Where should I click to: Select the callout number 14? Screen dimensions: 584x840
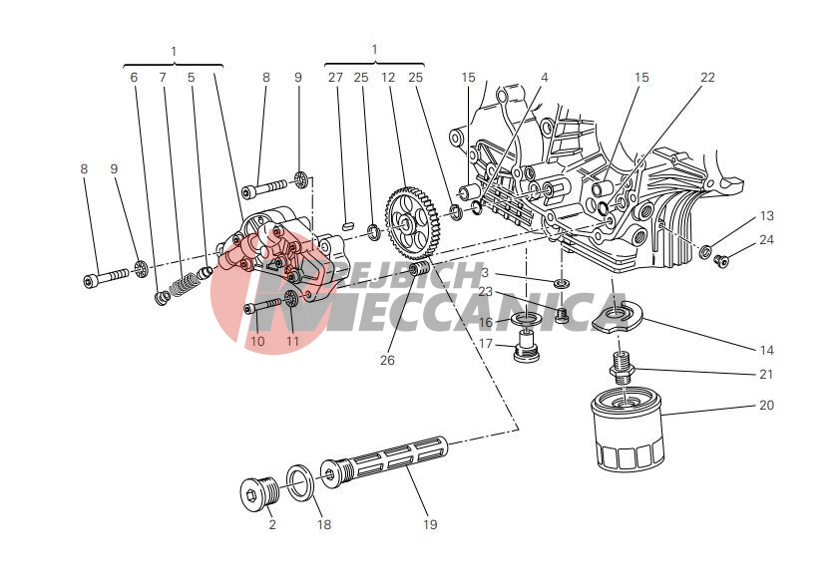[x=765, y=350]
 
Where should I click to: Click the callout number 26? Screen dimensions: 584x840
[x=387, y=361]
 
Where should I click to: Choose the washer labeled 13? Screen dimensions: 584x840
[x=705, y=250]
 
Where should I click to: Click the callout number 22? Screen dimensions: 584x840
[x=707, y=77]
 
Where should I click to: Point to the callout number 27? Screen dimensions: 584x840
[x=335, y=77]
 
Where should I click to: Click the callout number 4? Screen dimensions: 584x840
[x=545, y=77]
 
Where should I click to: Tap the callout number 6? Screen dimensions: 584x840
[x=134, y=77]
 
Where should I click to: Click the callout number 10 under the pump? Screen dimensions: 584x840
[x=257, y=341]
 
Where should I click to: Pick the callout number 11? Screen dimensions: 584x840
[x=292, y=341]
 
